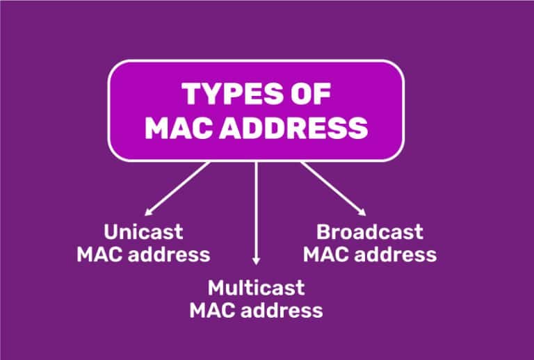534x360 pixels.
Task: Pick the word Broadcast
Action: point(370,232)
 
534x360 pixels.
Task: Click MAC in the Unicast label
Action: point(100,254)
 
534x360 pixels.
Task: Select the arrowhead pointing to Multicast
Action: point(256,261)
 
